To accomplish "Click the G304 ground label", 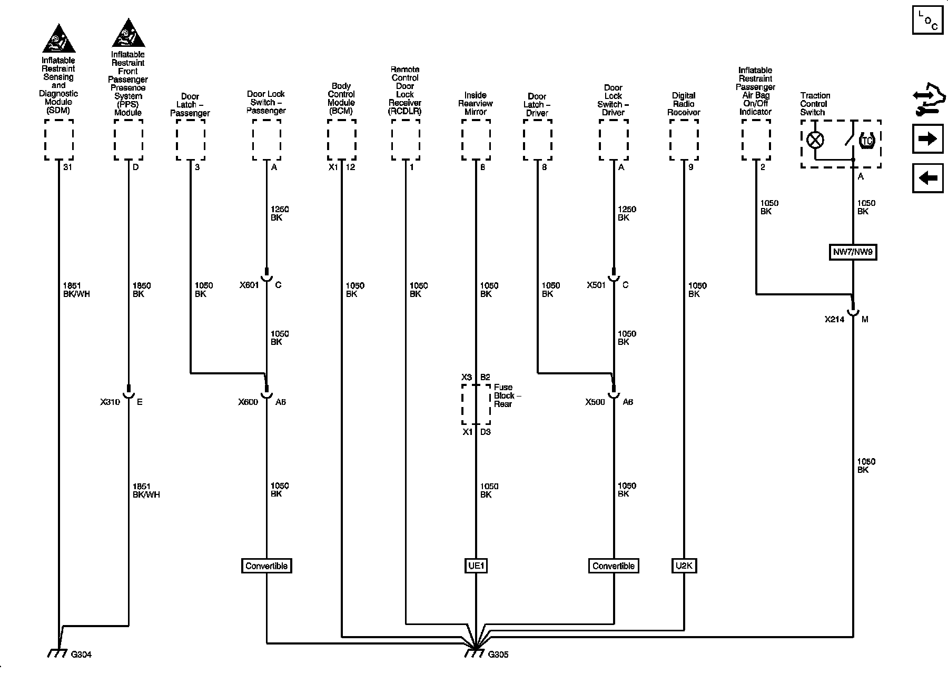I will (81, 655).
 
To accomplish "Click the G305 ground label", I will (498, 655).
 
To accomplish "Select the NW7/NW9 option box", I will (853, 252).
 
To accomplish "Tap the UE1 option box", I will (476, 566).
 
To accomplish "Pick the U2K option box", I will (684, 566).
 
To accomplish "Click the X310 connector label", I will (110, 402).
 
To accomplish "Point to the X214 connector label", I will (834, 319).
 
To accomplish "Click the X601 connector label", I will (249, 285).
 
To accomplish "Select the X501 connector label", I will (597, 285).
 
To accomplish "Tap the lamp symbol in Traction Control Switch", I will (815, 140).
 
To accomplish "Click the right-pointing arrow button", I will (927, 139).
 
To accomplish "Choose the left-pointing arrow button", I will (927, 178).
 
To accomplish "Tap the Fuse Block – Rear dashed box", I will (476, 404).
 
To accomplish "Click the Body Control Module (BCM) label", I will (341, 98).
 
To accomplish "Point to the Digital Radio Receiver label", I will (684, 104).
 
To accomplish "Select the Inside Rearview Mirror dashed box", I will (476, 140).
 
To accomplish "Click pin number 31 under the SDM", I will (67, 167).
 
